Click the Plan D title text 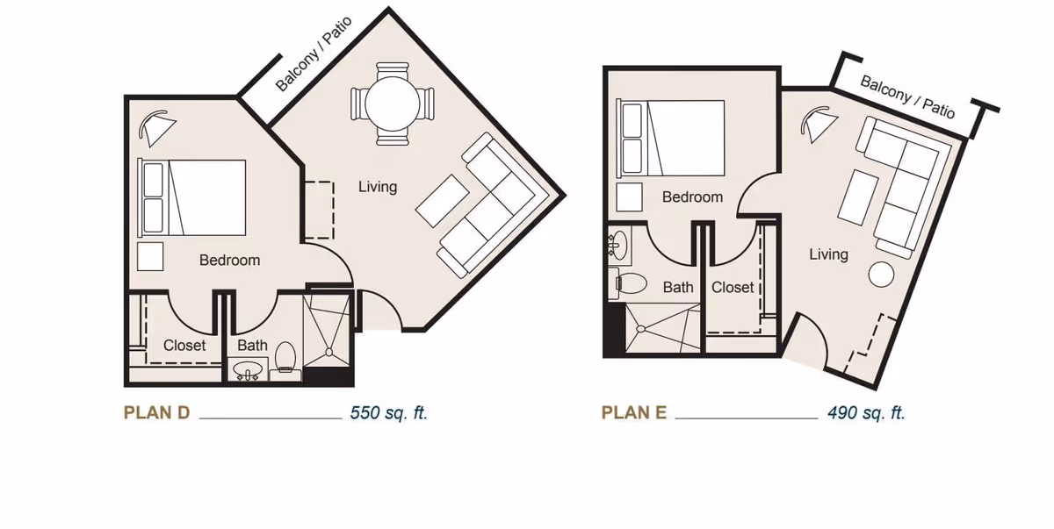pos(156,413)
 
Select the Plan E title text pos(634,413)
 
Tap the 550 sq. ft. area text pos(388,413)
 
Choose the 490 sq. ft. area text pos(865,413)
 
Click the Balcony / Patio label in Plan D pos(314,54)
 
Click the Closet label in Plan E pos(733,288)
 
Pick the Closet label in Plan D pos(184,346)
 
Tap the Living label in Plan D pos(378,187)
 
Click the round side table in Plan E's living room pos(881,274)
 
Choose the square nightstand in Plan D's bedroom pos(151,255)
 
